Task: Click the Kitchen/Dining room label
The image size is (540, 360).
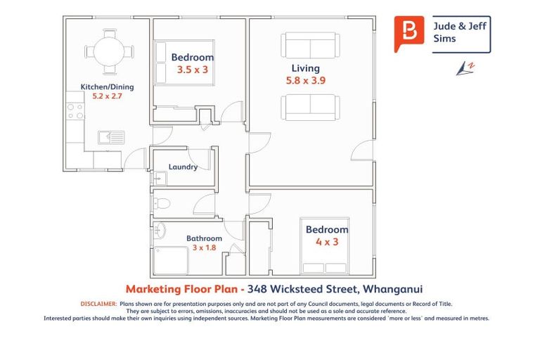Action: pos(107,87)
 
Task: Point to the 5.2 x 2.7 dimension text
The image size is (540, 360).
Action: pos(107,96)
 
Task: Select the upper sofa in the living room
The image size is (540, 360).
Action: pos(310,46)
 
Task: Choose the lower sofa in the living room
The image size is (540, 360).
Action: pos(310,108)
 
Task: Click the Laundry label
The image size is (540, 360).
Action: pos(183,167)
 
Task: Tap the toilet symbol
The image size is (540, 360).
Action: pos(162,204)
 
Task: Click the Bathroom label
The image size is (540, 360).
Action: pos(204,238)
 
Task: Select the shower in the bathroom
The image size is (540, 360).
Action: pos(172,260)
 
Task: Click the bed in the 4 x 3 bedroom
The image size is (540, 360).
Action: pos(326,246)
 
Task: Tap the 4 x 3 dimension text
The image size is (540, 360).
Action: pos(326,242)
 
